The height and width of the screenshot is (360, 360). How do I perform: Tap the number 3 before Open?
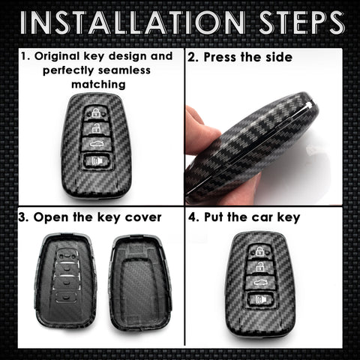[x=22, y=217]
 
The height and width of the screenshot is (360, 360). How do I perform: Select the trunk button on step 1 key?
[x=96, y=142]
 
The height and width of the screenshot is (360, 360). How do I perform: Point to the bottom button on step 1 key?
[x=96, y=159]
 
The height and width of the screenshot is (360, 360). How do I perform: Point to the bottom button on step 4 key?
[x=260, y=300]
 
